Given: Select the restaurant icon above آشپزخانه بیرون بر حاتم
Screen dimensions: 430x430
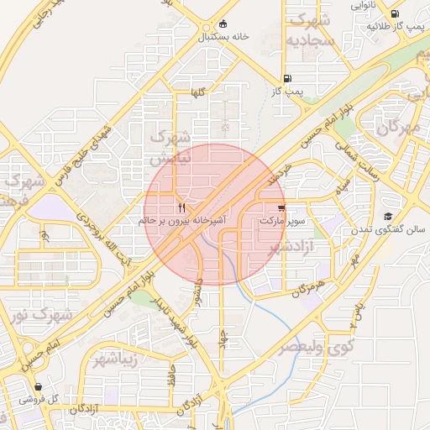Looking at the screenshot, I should click(x=182, y=207).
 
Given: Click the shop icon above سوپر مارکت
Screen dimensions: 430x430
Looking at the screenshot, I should click(x=281, y=207).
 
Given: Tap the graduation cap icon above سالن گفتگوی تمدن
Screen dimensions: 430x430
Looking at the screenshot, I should click(x=387, y=216).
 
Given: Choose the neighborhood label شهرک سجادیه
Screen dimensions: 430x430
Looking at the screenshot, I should click(x=309, y=30).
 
